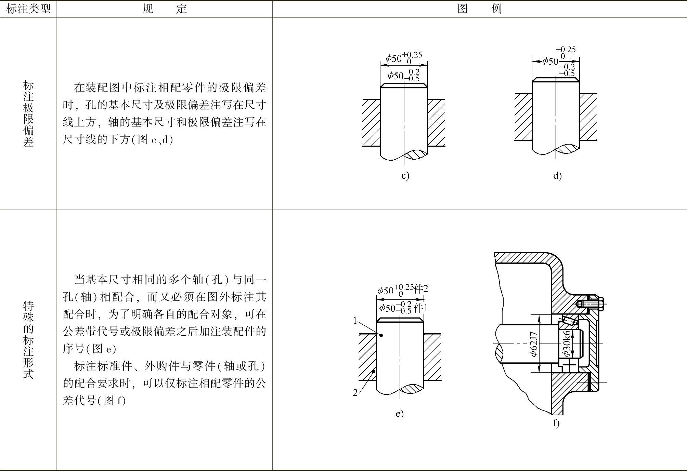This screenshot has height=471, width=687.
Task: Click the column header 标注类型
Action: coord(28,9)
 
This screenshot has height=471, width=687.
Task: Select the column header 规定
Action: coord(164,9)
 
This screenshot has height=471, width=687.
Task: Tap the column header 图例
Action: coord(480,9)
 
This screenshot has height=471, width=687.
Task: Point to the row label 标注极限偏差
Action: coord(28,113)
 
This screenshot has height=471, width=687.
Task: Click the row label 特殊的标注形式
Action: coord(28,340)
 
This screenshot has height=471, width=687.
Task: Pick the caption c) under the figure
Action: coord(405,176)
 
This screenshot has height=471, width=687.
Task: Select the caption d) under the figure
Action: coord(557,176)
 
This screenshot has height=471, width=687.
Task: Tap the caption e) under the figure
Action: coord(400,414)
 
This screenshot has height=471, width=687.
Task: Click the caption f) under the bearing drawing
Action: coord(556,423)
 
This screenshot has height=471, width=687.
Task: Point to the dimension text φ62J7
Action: coord(534,344)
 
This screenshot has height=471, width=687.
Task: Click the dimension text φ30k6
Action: coord(567,343)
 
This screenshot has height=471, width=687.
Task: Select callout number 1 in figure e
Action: coord(355,321)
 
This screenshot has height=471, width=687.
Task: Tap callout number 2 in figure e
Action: coord(355,393)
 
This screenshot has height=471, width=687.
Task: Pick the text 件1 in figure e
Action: coord(421,308)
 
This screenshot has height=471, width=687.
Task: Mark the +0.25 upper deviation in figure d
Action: coord(566,50)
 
